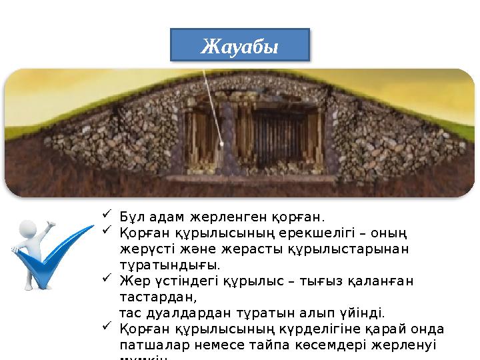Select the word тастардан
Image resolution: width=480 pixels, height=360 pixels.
153,297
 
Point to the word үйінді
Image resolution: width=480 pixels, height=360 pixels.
363,313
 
